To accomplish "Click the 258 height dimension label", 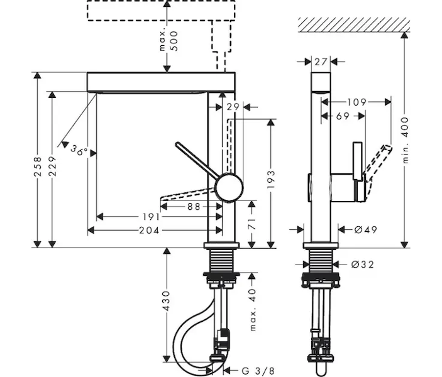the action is click(38, 167).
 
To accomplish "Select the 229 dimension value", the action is click(52, 167).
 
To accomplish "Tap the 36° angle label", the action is click(79, 150).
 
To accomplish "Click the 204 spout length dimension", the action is click(149, 231).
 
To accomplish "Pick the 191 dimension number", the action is click(151, 217).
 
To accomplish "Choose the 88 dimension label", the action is click(194, 207).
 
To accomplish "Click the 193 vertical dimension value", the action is click(270, 180).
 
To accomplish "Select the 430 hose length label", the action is click(167, 301).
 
